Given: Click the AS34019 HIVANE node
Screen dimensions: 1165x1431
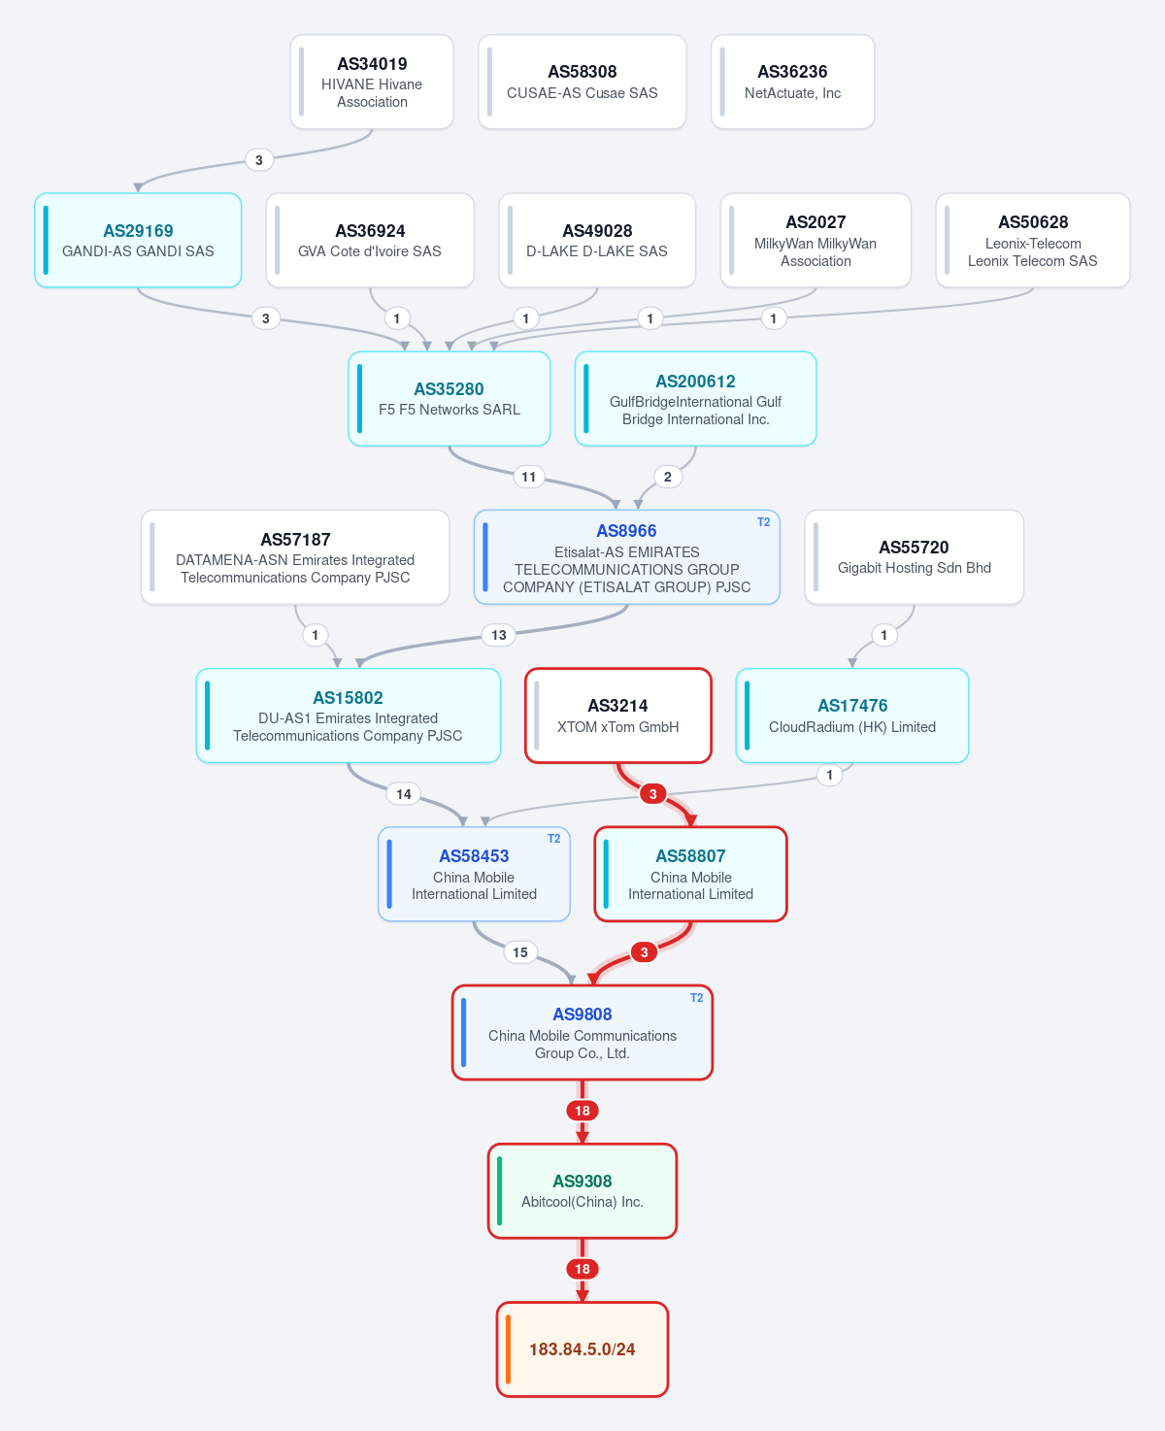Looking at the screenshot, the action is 372,82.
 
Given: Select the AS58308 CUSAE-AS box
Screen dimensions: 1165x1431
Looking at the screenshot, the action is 582,82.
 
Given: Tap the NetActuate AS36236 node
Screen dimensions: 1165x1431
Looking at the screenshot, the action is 793,82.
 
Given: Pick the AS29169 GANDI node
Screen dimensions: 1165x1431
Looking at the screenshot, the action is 138,241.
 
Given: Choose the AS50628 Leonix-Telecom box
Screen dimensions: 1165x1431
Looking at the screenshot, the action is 1033,241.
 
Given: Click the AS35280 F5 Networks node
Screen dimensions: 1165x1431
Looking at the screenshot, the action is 449,398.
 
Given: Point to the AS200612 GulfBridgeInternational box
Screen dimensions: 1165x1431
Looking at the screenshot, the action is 695,398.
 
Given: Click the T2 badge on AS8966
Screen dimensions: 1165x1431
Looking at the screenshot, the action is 763,522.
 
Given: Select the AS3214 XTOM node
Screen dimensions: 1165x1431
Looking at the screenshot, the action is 618,715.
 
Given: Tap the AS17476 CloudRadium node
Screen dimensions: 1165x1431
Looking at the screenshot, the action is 852,715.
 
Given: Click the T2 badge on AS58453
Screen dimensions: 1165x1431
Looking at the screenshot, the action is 553,839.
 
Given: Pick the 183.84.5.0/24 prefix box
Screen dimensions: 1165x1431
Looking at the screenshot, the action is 582,1349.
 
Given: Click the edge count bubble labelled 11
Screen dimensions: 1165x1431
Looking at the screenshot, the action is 529,477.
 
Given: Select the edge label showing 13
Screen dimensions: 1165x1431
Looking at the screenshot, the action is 498,635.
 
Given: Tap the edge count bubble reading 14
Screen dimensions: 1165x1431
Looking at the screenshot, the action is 403,794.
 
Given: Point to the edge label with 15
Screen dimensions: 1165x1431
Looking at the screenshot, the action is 520,952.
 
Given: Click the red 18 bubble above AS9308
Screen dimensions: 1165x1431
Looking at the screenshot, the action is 582,1111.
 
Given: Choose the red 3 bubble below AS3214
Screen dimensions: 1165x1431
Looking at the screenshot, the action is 652,794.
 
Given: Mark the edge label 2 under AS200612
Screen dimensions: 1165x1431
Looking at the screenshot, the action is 667,477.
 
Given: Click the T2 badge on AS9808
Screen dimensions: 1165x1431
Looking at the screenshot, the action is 697,998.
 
